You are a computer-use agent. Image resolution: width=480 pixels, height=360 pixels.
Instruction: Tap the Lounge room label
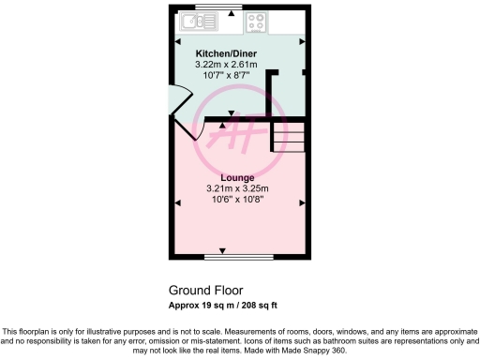238,177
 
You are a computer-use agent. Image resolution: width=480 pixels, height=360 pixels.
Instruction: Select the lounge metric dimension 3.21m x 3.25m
238,188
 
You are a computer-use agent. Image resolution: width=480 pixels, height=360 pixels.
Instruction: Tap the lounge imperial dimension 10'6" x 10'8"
238,199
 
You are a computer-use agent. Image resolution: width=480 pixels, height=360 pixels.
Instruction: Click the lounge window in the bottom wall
224,256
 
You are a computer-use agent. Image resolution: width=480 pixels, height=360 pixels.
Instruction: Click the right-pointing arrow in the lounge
302,202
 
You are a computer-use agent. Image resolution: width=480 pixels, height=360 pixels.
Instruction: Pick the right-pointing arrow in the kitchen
302,42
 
